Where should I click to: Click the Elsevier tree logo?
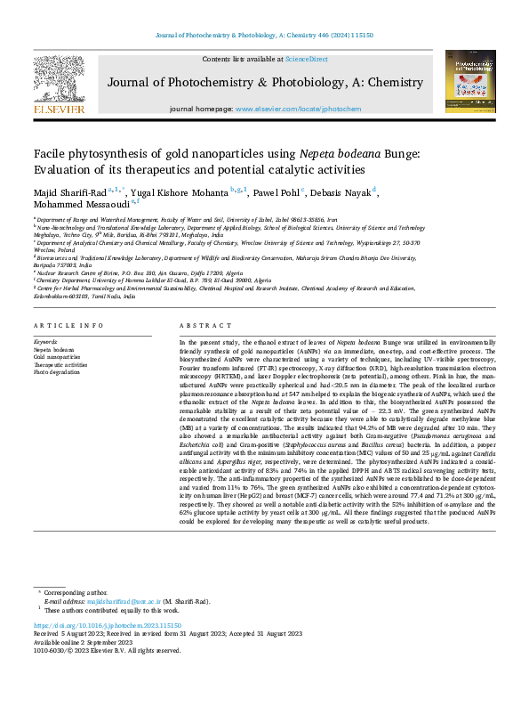(59, 81)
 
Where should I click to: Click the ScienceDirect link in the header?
(306, 59)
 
